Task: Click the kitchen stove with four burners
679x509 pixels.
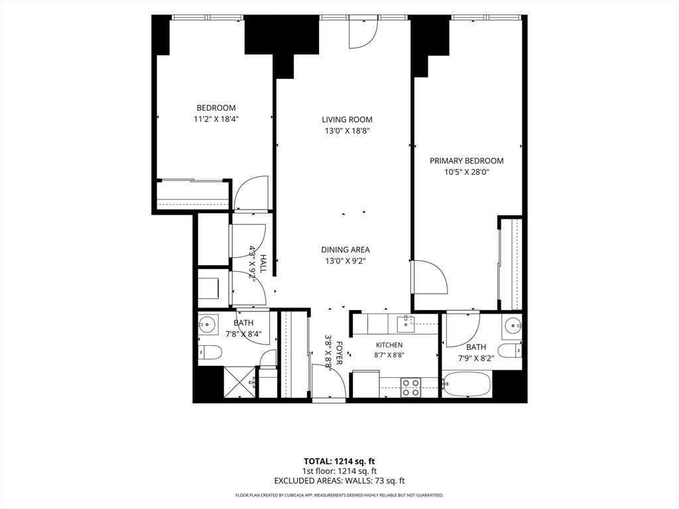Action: click(410, 388)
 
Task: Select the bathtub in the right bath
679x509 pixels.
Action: click(467, 384)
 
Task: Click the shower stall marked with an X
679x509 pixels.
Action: click(240, 382)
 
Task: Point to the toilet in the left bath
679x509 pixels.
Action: click(210, 352)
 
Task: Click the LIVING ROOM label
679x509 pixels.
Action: click(347, 119)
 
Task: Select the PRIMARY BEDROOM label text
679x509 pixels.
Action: click(466, 160)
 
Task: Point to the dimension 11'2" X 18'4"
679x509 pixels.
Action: click(217, 119)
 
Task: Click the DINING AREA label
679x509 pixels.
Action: click(345, 250)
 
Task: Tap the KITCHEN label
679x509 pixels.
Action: click(389, 345)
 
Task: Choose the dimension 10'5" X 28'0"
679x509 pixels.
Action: click(466, 172)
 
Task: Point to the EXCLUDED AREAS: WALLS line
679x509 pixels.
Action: click(339, 481)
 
